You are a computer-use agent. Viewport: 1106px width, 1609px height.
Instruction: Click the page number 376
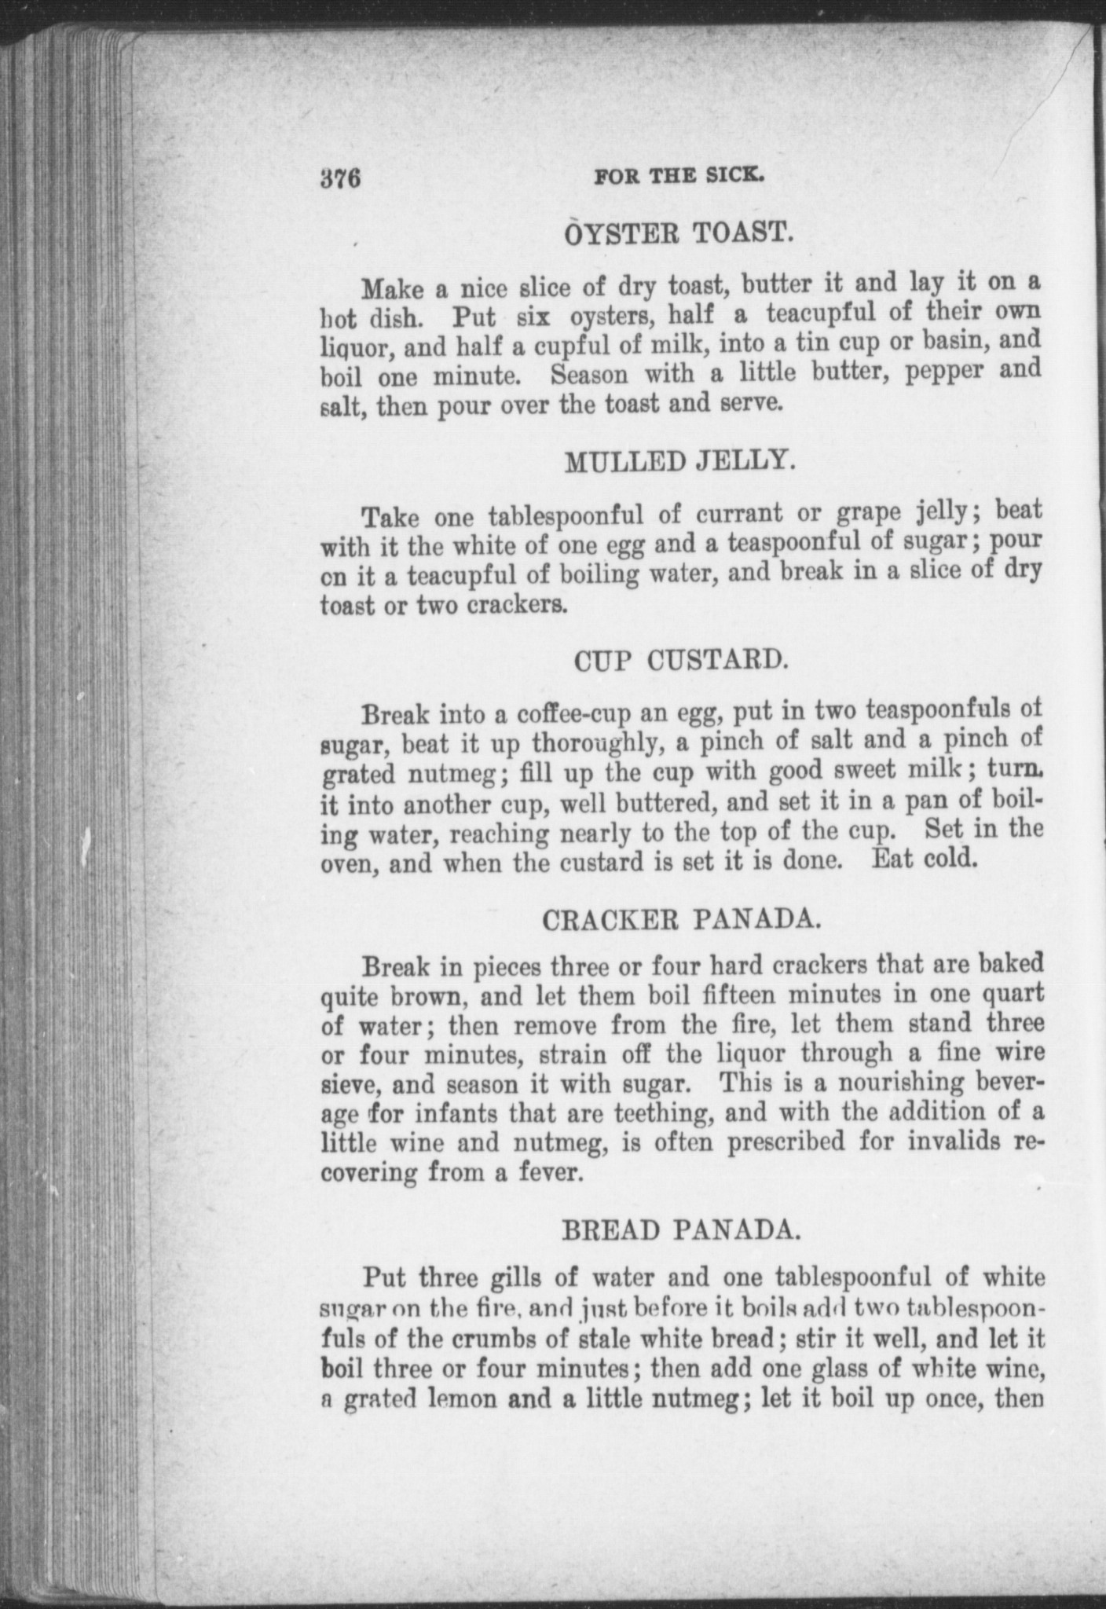[339, 178]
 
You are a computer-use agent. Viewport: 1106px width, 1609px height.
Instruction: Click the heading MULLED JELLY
[679, 462]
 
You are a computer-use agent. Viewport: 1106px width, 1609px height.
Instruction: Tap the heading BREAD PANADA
[681, 1230]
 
